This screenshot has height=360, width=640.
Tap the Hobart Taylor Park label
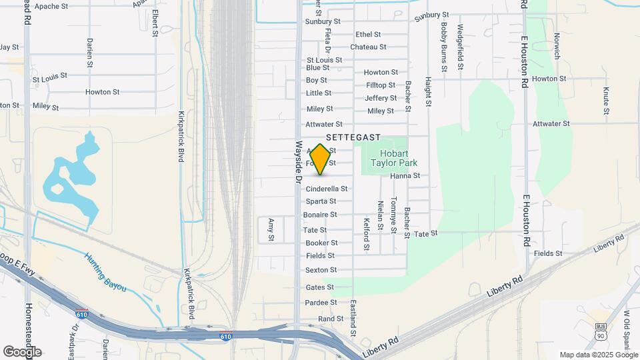coord(393,157)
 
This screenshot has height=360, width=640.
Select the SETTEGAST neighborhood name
coord(353,137)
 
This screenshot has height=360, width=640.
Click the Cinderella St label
coord(327,189)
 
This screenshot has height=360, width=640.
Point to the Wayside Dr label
coord(299,161)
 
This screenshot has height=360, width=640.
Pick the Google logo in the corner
coord(22,351)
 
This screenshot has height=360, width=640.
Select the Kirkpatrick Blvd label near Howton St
coord(181,137)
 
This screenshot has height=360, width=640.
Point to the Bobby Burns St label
coord(443,47)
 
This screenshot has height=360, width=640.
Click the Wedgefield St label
coord(460,48)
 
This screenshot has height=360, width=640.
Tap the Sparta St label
coord(321,201)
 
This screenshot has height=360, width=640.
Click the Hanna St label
coord(405,175)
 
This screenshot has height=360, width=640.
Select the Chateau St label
coord(368,47)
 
